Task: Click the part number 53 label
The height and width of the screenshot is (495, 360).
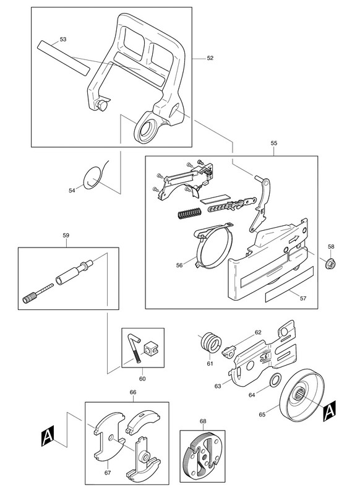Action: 63,39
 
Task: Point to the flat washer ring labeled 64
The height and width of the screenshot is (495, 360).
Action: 275,380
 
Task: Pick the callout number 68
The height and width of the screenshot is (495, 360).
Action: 203,421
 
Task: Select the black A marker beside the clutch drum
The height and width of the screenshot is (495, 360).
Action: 329,411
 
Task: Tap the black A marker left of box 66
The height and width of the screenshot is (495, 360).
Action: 48,436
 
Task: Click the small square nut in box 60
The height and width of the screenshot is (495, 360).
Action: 151,348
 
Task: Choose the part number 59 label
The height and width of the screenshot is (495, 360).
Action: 66,235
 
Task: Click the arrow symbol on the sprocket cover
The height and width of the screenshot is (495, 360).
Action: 294,239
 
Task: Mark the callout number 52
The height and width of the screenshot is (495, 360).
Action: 210,58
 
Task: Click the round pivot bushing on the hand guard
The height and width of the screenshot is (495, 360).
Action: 145,130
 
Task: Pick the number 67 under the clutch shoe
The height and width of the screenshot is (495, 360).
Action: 108,472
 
